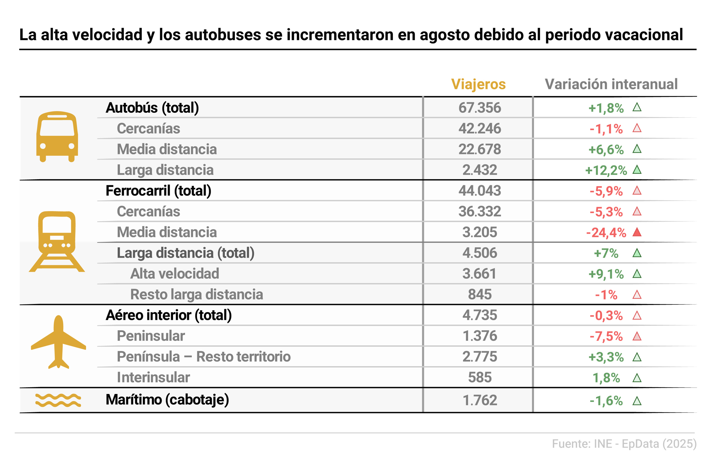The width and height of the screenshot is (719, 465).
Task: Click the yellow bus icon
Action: (57, 137)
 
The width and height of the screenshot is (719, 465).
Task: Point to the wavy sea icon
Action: (58, 400)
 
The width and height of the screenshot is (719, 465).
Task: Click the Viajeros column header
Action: (478, 84)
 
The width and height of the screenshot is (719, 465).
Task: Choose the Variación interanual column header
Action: (611, 84)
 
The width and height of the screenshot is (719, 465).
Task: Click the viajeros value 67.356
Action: (480, 108)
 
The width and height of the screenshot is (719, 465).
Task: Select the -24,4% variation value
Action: (606, 233)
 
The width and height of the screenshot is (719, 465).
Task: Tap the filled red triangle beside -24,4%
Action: (637, 232)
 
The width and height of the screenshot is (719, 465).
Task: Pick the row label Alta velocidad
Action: (174, 274)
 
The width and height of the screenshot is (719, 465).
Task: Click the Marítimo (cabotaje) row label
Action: (167, 400)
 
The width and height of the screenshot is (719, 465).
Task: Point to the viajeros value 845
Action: (480, 295)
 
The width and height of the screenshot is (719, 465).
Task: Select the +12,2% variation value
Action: (606, 170)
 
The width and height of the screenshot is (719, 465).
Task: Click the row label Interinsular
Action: (153, 377)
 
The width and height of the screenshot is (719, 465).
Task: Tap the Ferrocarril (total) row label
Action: (158, 191)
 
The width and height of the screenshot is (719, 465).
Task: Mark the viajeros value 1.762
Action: (480, 400)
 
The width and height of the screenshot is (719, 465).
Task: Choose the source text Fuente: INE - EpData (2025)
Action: (624, 444)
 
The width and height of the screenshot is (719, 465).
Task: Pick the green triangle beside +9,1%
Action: (637, 274)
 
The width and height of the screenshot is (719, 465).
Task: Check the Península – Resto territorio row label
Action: (204, 357)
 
